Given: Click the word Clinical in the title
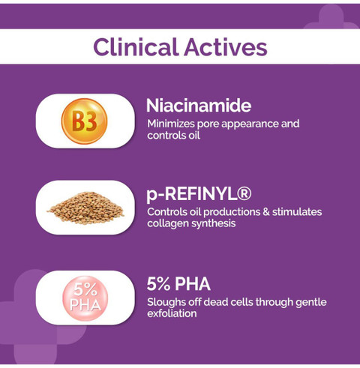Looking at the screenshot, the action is pos(135,46).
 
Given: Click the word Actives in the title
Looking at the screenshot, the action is pos(226,46).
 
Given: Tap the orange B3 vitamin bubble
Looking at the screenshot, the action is pos(84,121).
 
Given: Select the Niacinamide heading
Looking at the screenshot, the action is pos(199,106).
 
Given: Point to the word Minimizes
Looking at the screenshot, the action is pos(171,124).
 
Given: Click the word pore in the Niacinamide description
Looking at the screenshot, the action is pos(208,124).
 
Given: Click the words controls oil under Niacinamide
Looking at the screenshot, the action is pos(173,135).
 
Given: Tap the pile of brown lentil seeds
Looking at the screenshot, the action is pos(85,208).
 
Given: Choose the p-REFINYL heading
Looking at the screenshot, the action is pos(199,194).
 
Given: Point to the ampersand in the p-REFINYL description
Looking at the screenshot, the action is pos(266,212).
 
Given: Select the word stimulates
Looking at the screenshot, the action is pos(297,212).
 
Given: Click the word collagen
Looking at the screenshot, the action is pos(168,223).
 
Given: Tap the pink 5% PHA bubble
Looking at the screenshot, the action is pos(85,298).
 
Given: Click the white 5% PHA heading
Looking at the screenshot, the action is pos(178,284).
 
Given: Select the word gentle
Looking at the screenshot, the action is pos(311,303).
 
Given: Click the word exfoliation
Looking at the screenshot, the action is pos(172,313).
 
